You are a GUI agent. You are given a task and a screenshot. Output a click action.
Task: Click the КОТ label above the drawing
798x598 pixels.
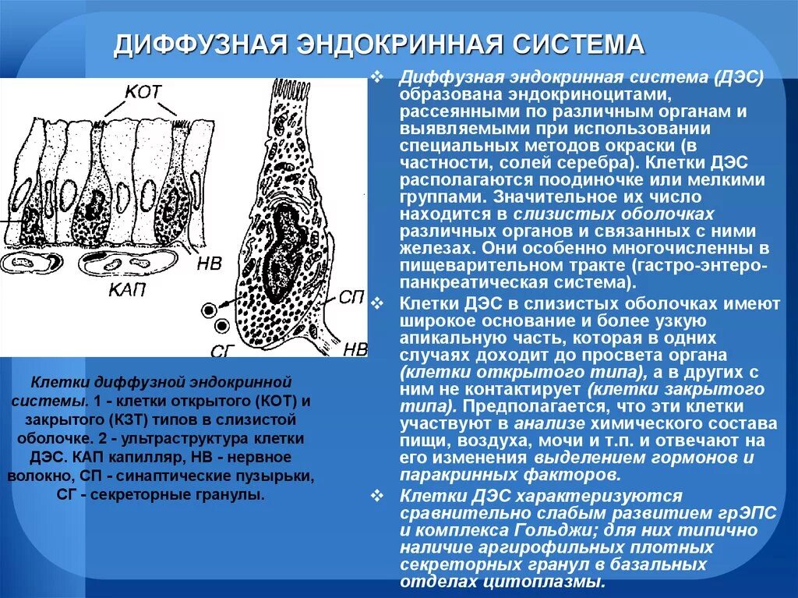coord(143,91)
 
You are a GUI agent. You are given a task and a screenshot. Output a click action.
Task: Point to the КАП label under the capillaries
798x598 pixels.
coord(124,289)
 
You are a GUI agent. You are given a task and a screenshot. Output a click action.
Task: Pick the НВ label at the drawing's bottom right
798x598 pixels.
coord(355,349)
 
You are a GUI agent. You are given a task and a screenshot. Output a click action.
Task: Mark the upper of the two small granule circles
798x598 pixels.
coord(209,310)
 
